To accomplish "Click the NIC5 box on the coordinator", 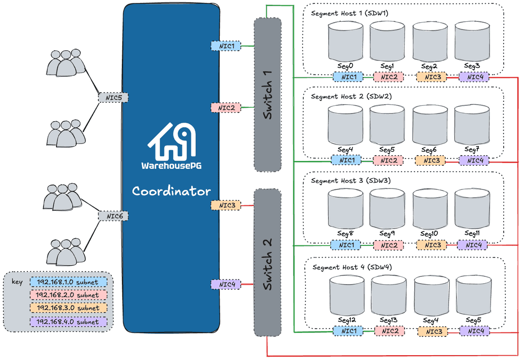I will tap(114, 98).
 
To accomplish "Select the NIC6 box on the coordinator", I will tap(114, 216).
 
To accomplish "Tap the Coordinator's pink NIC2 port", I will tap(226, 108).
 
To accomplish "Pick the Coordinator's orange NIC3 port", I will tap(226, 205).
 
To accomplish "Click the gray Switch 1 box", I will tap(267, 94).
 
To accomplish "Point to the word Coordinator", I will tap(172, 191).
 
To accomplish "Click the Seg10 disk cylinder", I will tap(430, 209).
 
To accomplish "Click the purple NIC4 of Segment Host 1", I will tap(474, 77).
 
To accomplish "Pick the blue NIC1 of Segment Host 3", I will tap(346, 245).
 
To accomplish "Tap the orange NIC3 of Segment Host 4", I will tap(433, 331).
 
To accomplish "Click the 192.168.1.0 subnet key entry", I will tap(68, 282).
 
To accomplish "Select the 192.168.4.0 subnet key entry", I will tap(68, 322).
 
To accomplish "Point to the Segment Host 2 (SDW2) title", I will tap(351, 97).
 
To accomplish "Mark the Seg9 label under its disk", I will tap(387, 234).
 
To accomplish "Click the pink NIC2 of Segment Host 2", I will tap(388, 160).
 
